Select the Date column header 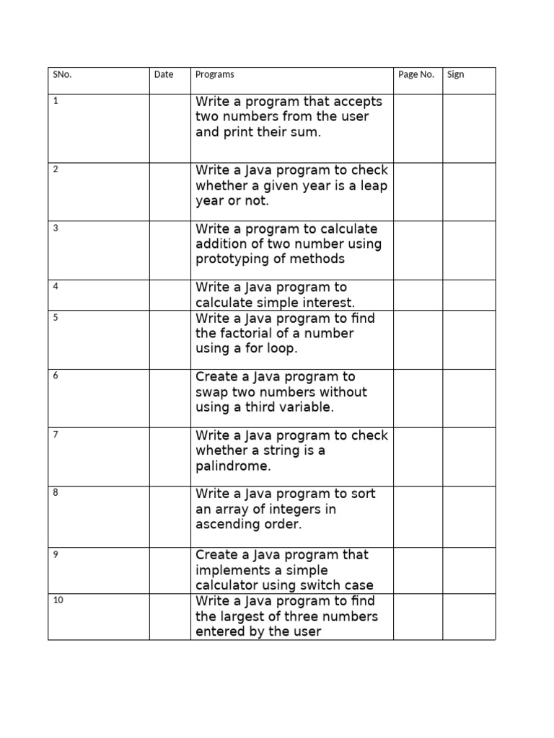[164, 74]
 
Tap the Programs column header [215, 74]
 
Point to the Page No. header [416, 74]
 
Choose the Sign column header [455, 74]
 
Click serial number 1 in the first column [56, 100]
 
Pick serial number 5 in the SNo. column [56, 316]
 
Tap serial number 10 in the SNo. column [58, 600]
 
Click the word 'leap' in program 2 [373, 186]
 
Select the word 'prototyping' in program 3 [232, 259]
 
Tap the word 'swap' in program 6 [211, 392]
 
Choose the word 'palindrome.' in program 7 [233, 466]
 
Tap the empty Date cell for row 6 [170, 398]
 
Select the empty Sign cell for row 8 [469, 516]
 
